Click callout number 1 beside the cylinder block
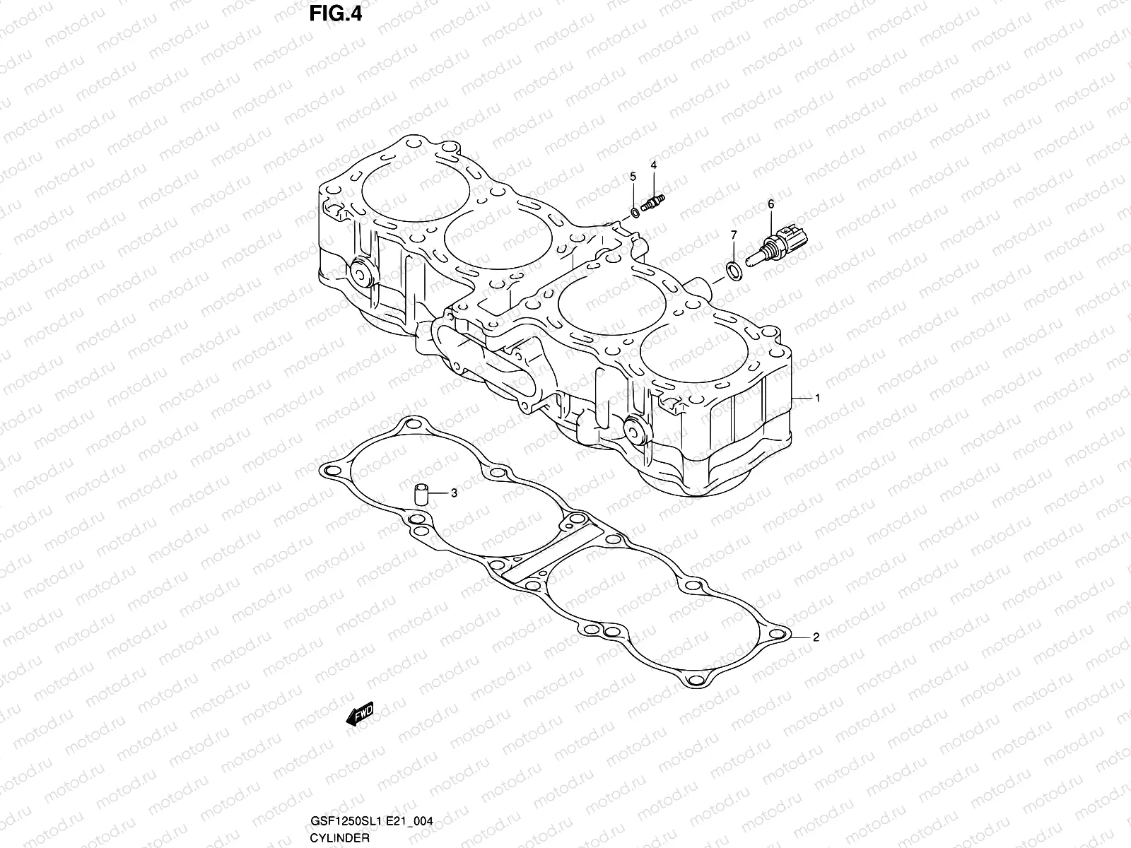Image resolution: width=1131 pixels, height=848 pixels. [x=817, y=399]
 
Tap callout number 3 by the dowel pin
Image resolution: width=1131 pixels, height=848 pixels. [x=454, y=493]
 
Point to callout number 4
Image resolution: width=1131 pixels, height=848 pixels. [x=654, y=165]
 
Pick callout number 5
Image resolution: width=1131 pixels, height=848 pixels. [x=633, y=175]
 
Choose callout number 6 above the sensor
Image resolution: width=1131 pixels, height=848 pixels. [x=770, y=204]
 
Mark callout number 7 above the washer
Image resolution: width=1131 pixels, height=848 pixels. [x=734, y=234]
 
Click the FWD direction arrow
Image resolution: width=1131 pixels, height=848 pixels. [x=359, y=714]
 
